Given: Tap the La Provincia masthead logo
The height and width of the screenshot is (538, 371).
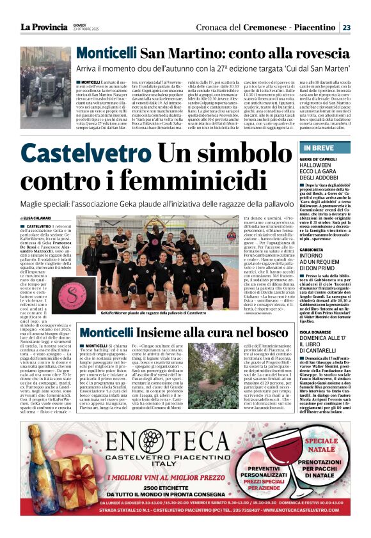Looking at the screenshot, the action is (x=43, y=27).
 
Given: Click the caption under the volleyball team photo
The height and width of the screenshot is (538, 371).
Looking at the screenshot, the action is (x=154, y=314).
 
